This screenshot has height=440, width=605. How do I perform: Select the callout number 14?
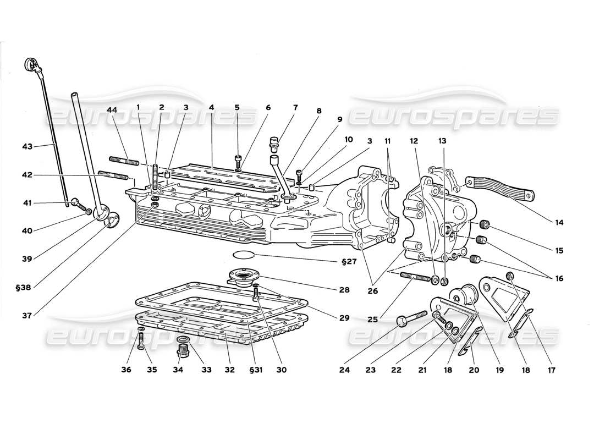pos(559,223)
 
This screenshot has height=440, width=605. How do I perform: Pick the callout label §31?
pos(256,370)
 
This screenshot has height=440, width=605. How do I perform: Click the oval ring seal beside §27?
pos(244,255)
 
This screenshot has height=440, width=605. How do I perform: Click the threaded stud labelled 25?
pos(415,277)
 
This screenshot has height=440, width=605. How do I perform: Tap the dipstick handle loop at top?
pos(31,67)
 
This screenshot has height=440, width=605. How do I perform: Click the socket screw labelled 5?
pos(238,160)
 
